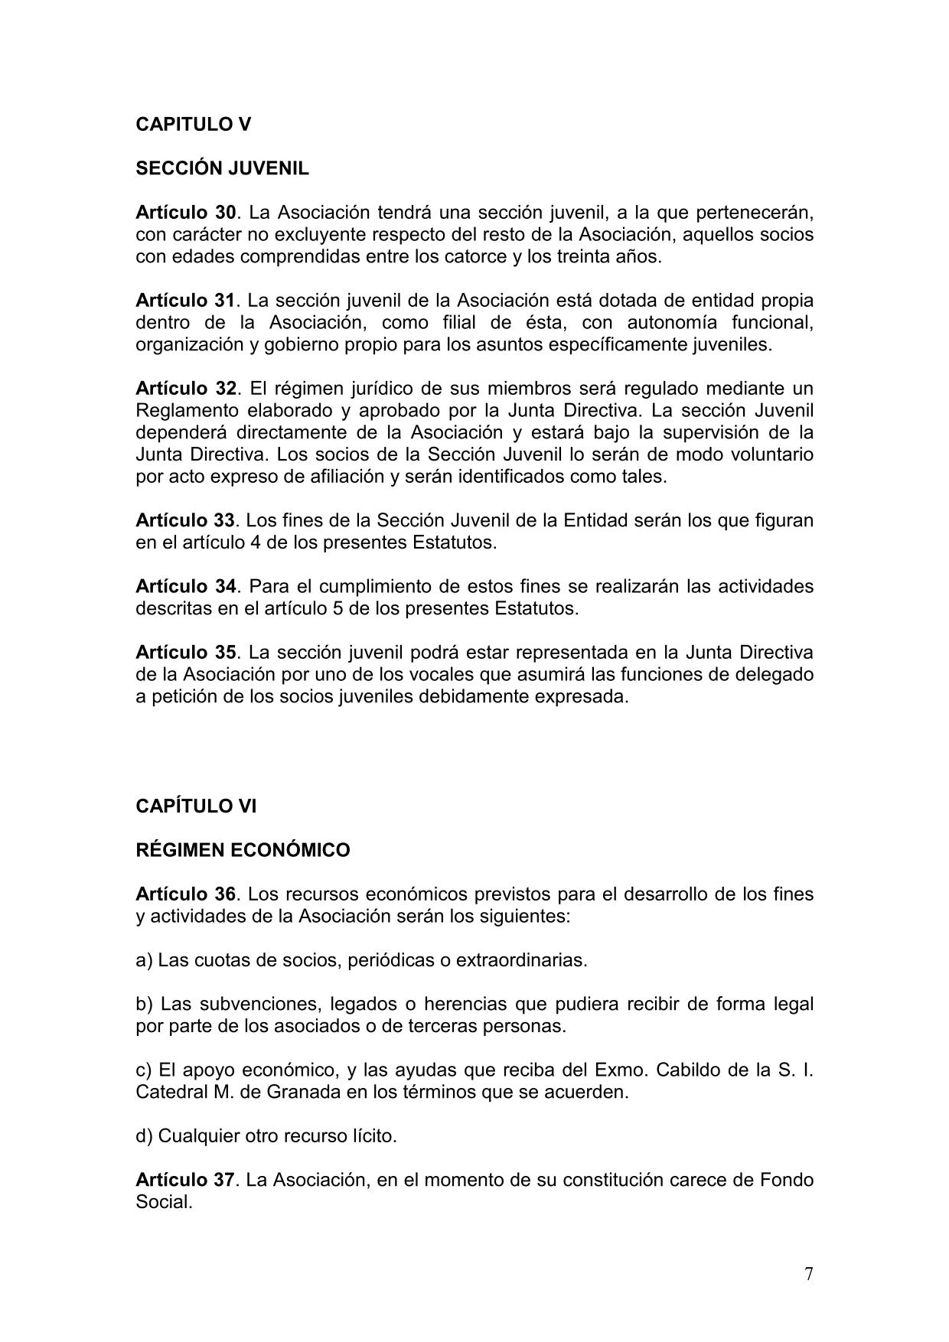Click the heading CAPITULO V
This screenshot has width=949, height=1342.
click(x=193, y=124)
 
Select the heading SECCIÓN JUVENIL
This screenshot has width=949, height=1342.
click(x=222, y=168)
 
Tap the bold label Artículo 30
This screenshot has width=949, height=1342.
click(x=185, y=212)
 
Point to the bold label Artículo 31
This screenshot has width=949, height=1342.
click(x=185, y=300)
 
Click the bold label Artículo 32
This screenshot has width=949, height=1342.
click(x=185, y=388)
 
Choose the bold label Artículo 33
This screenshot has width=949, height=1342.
click(x=185, y=520)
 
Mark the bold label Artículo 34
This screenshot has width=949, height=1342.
click(x=185, y=587)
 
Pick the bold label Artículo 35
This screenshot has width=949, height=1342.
click(x=185, y=653)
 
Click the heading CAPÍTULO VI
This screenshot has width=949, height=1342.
click(x=196, y=806)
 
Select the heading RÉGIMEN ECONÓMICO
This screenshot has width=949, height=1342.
click(x=243, y=850)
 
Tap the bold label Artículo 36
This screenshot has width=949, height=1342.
click(x=185, y=894)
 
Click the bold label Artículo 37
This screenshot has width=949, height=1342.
click(x=185, y=1180)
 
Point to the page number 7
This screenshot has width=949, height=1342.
click(x=809, y=1274)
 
